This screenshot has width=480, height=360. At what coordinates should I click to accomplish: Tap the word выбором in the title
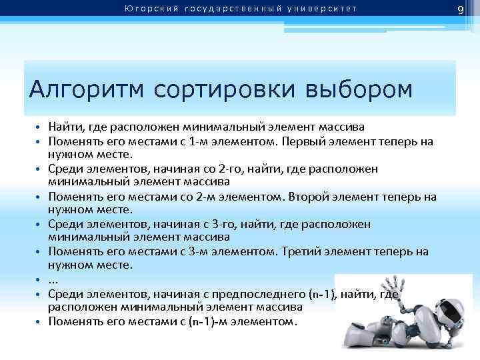tap(359, 89)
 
